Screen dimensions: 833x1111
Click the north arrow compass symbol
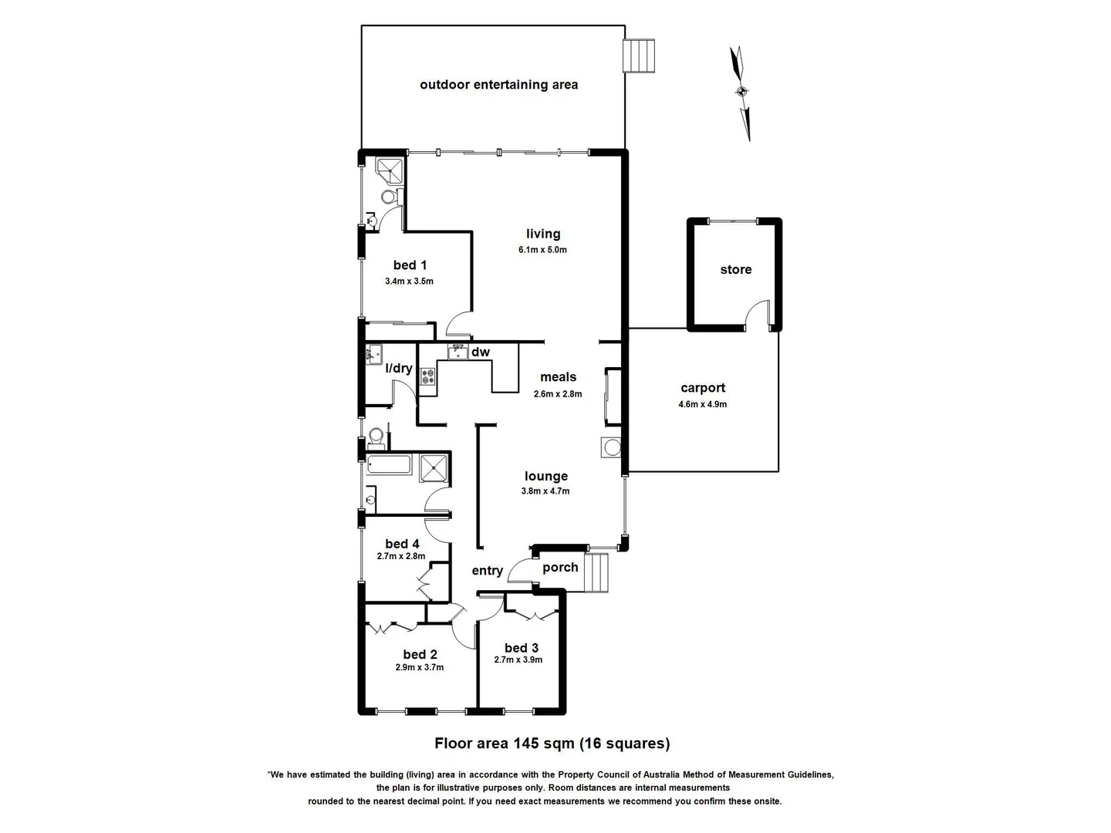point(741,92)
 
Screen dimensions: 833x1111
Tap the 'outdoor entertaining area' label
point(498,85)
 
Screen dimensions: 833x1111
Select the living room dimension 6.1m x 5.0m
point(542,250)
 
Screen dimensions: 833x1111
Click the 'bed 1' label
point(410,265)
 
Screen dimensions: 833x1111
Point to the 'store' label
point(735,270)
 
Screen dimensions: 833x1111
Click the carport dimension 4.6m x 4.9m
point(702,404)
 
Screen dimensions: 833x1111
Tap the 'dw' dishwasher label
point(481,352)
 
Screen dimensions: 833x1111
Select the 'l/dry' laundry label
point(399,369)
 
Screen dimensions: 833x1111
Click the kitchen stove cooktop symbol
point(427,377)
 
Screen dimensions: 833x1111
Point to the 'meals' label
point(558,377)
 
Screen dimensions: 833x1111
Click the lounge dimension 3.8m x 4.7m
point(545,491)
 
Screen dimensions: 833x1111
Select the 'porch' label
point(560,568)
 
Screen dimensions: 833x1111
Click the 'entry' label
point(487,571)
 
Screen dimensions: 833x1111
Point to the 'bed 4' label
point(402,545)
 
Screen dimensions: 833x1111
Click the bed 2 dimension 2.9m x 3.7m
point(420,668)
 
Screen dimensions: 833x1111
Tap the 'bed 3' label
point(522,648)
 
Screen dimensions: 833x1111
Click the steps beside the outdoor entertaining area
point(639,56)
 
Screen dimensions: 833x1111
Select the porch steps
point(598,572)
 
